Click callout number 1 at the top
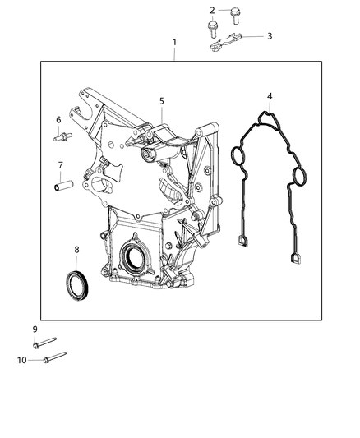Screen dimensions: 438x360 pos(173,41)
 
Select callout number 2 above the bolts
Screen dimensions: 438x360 pos(212,11)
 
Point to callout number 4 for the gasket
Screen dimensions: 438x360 pos(270,97)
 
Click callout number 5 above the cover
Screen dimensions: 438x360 pos(162,101)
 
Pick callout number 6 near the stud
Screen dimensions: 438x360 pos(58,120)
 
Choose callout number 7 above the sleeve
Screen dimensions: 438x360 pos(60,164)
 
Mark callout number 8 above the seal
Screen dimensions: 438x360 pos(76,249)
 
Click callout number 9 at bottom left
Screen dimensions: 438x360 pos(35,330)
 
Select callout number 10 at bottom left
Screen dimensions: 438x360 pos(22,359)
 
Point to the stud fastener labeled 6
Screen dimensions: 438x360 pos(60,137)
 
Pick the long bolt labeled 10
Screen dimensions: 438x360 pos(50,357)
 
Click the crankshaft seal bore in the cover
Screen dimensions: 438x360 pos(134,259)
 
